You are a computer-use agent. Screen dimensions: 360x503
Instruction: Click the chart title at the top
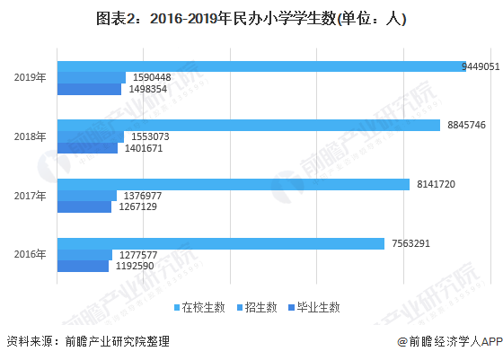pos(251,18)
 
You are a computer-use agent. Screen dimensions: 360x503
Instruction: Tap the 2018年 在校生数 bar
pos(249,125)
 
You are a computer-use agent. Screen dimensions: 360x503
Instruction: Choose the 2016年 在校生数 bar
pos(220,243)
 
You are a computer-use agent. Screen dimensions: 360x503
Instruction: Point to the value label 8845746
pos(466,125)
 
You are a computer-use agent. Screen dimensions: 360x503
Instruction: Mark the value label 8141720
pos(437,184)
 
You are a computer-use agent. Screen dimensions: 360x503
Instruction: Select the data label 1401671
pos(143,148)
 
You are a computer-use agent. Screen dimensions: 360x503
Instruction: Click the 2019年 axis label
pos(30,77)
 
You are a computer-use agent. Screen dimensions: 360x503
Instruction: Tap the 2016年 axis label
pos(30,255)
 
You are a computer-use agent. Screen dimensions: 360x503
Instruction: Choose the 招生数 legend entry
pos(260,307)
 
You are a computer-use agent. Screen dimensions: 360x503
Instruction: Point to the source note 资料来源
pos(87,341)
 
